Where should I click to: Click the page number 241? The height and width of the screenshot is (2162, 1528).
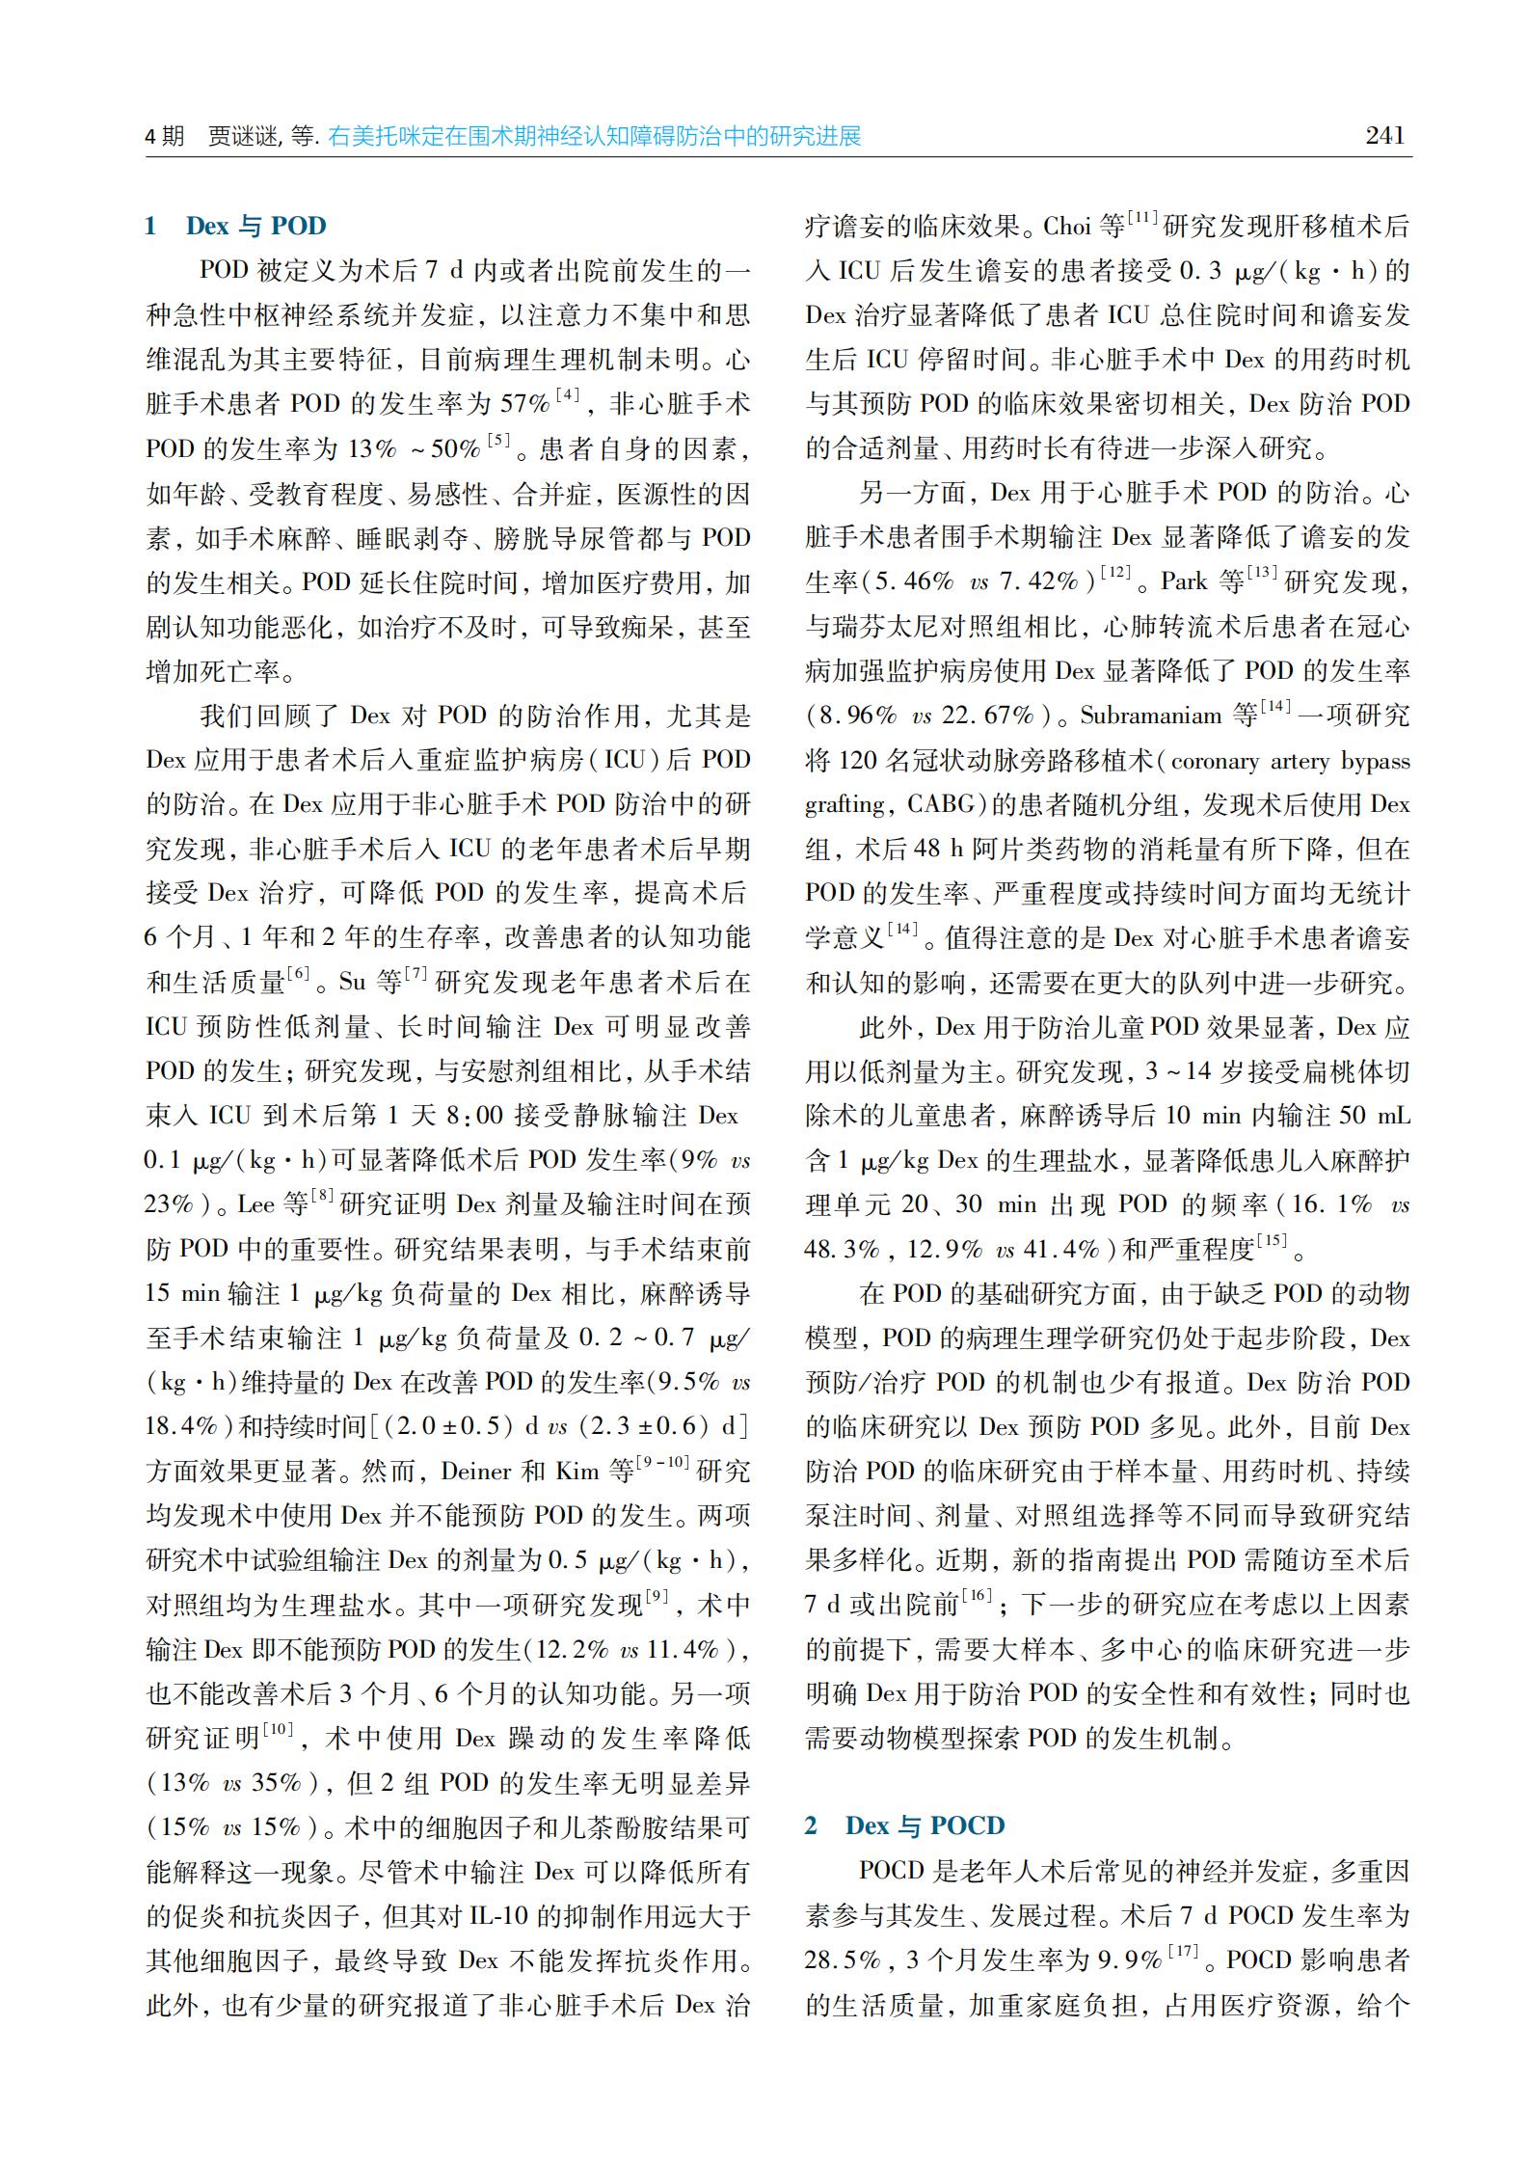coord(1385,136)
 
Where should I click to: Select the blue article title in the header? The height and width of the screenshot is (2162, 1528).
coord(594,137)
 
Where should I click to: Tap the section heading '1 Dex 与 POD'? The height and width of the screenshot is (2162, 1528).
coord(236,227)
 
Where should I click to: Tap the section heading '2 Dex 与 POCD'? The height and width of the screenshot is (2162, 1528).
coord(905,1825)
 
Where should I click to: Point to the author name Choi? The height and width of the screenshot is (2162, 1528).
coord(1066,228)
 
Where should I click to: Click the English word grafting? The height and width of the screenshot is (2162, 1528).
coord(845,805)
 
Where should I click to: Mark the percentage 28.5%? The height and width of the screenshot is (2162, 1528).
coord(843,1960)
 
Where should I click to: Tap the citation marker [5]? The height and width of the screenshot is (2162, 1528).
coord(497,442)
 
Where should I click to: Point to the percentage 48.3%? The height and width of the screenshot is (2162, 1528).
coord(842,1251)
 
